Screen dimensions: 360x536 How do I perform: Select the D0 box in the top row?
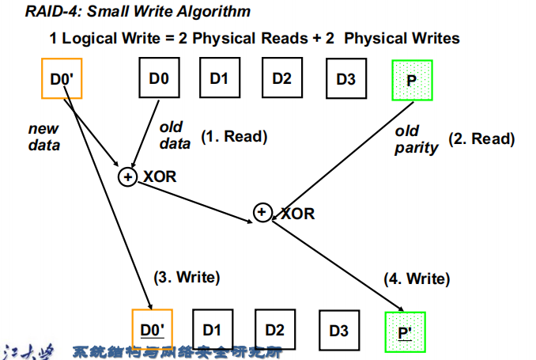pos(159,78)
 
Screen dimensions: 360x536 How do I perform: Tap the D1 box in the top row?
pos(219,78)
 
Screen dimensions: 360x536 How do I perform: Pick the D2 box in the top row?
pos(282,78)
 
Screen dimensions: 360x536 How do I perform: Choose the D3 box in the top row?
pos(345,78)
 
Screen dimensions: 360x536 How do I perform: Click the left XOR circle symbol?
pos(127,177)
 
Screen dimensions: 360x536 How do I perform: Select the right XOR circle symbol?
pos(262,212)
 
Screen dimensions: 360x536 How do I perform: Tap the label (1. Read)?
pos(234,136)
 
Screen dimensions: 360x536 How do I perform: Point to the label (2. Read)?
pos(481,139)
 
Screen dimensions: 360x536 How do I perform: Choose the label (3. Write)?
pos(186,277)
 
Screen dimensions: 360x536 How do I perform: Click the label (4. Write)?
pos(417,279)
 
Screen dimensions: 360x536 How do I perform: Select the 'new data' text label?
pos(43,137)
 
